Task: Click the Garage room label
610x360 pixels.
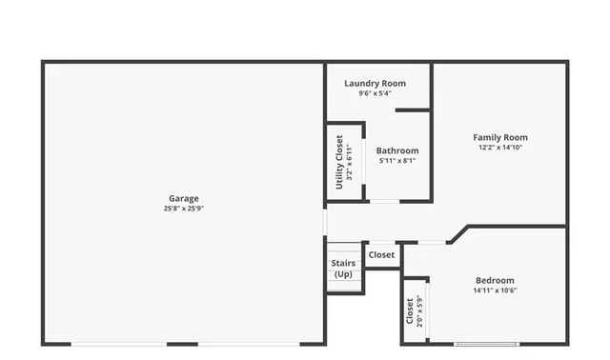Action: (x=184, y=198)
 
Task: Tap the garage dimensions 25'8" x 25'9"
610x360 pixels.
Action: (x=184, y=209)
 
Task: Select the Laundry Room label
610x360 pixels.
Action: (x=375, y=83)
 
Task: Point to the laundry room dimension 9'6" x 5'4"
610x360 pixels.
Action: (x=375, y=93)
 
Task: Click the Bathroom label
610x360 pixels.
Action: (x=396, y=150)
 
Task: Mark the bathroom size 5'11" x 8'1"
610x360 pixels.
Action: (x=396, y=161)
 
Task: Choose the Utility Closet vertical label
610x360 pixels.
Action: (x=339, y=162)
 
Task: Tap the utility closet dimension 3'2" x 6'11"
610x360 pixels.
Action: (x=349, y=162)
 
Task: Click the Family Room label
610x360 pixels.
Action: (x=500, y=137)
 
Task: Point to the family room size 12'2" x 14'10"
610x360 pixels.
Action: (x=500, y=148)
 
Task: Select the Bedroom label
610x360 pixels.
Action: (x=495, y=280)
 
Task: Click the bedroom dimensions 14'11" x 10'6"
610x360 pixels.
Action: (x=495, y=290)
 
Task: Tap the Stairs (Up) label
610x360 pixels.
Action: (x=343, y=268)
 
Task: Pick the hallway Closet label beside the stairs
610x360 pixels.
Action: (x=381, y=254)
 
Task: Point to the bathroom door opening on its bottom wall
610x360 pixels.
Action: (x=384, y=201)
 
